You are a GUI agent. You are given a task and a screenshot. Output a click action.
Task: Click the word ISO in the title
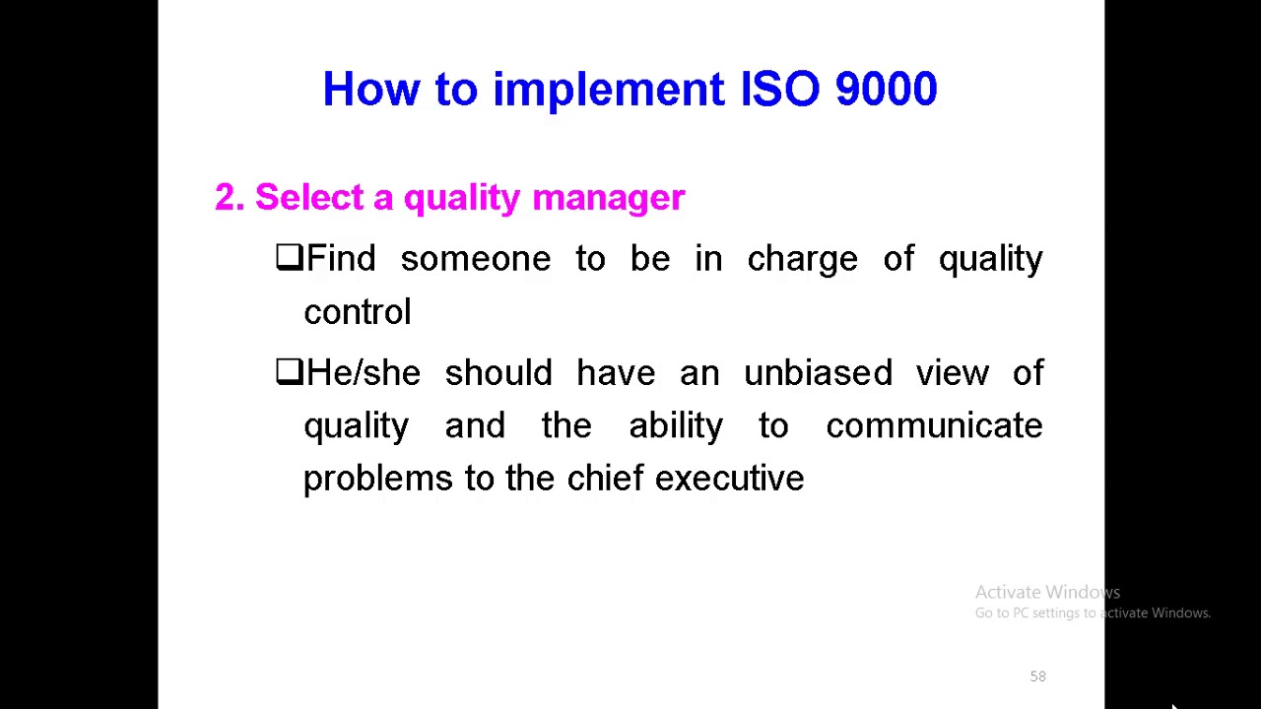[x=779, y=90]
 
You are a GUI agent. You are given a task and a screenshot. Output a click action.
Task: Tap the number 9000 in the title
[x=886, y=90]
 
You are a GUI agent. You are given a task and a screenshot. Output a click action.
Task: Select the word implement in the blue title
[x=608, y=90]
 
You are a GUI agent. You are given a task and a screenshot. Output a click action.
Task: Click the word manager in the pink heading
[x=608, y=197]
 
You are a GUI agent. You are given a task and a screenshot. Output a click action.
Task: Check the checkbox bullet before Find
[x=289, y=257]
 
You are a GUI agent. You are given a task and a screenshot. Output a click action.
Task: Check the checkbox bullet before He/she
[x=289, y=371]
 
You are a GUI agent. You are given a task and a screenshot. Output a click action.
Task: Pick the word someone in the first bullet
[x=475, y=259]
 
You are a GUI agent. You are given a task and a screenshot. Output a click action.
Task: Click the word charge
[x=802, y=259]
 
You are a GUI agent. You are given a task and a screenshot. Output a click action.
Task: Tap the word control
[x=357, y=312]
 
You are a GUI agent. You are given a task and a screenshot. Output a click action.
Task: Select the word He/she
[x=364, y=373]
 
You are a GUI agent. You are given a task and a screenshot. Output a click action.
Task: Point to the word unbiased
[x=818, y=373]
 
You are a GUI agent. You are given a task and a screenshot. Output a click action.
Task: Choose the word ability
[x=676, y=426]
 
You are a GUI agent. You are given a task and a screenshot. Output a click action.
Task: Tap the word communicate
[x=934, y=426]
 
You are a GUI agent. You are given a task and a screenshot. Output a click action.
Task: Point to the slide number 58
[x=1037, y=677]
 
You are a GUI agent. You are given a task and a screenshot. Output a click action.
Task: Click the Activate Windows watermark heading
[x=1047, y=592]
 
